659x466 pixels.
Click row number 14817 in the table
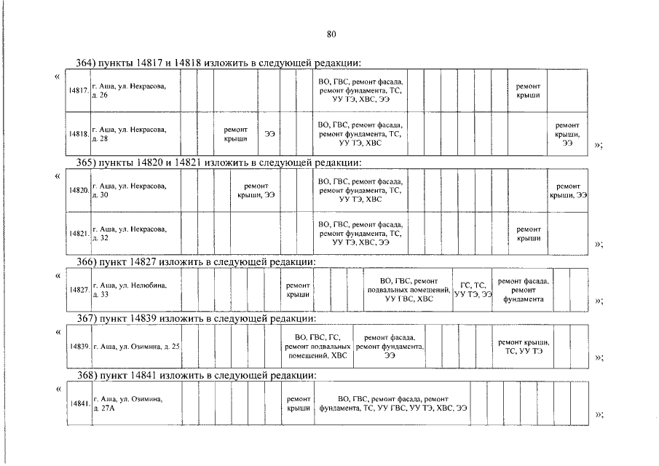79,91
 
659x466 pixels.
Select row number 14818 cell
79,134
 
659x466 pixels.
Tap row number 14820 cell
79,190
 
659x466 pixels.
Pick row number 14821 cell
79,234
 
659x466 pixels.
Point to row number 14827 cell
79,289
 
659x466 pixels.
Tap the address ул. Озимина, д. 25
136,346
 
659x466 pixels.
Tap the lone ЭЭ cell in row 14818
269,134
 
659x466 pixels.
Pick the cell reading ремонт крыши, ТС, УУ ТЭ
523,347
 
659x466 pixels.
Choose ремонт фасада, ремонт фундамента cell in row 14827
523,290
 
